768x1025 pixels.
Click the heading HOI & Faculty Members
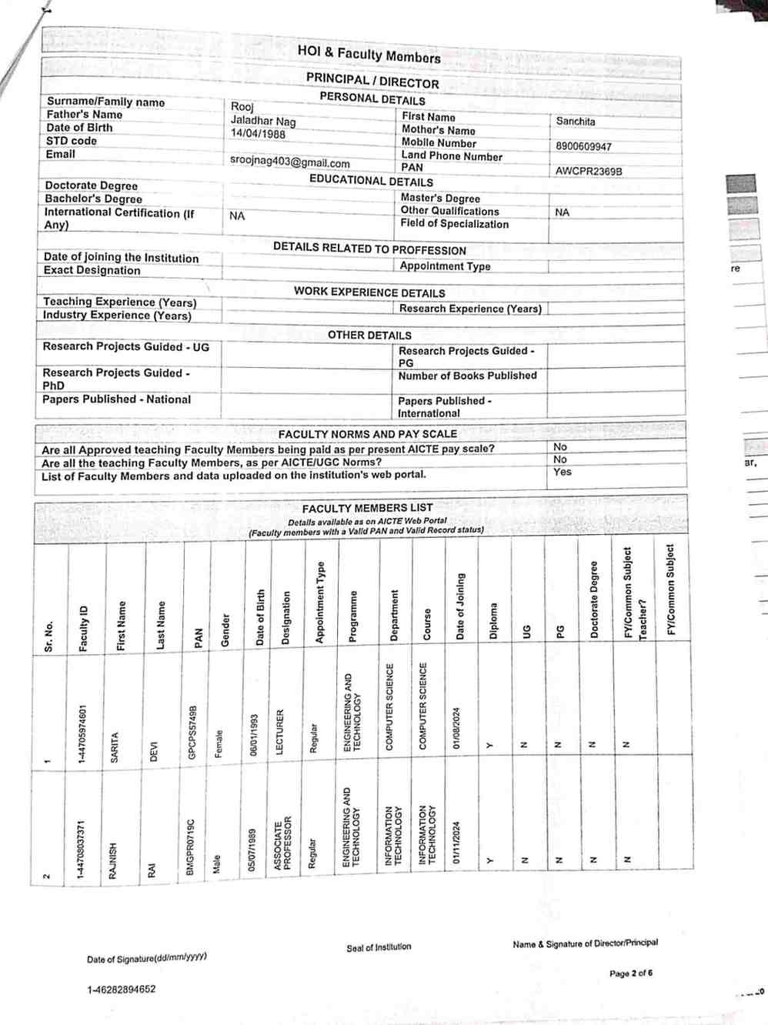coord(369,54)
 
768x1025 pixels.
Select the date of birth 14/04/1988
coord(258,133)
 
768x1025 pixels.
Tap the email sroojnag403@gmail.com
coord(289,162)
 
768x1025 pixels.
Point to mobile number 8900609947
coord(583,146)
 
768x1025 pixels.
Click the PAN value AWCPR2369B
coord(589,171)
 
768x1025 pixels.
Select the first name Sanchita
coord(576,122)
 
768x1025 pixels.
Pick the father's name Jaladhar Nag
coord(263,120)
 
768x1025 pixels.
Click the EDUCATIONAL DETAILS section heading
coord(371,180)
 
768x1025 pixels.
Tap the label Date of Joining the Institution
coord(121,257)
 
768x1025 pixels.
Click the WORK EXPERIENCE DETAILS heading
coord(369,292)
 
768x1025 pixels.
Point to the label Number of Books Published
coord(467,376)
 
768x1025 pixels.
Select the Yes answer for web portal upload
coord(563,472)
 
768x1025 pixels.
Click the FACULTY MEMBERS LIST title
coord(367,508)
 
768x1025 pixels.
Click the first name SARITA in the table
coord(115,747)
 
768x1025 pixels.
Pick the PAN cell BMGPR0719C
coord(191,846)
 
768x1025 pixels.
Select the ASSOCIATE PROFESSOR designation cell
coord(282,843)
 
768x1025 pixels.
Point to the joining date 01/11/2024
coord(456,843)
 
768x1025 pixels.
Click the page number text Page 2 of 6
coord(631,973)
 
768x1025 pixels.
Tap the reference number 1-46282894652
coord(121,990)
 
